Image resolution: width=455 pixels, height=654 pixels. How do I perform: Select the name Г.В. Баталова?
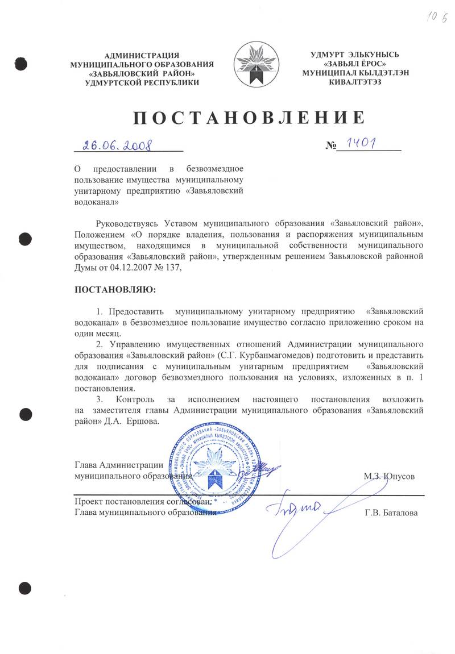391,513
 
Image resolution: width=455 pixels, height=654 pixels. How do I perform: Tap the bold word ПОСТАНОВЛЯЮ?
115,290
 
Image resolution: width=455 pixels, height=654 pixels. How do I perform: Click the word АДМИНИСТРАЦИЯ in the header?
141,55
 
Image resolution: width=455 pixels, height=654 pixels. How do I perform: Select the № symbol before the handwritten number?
331,146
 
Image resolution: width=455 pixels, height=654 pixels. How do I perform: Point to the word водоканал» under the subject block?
97,201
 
